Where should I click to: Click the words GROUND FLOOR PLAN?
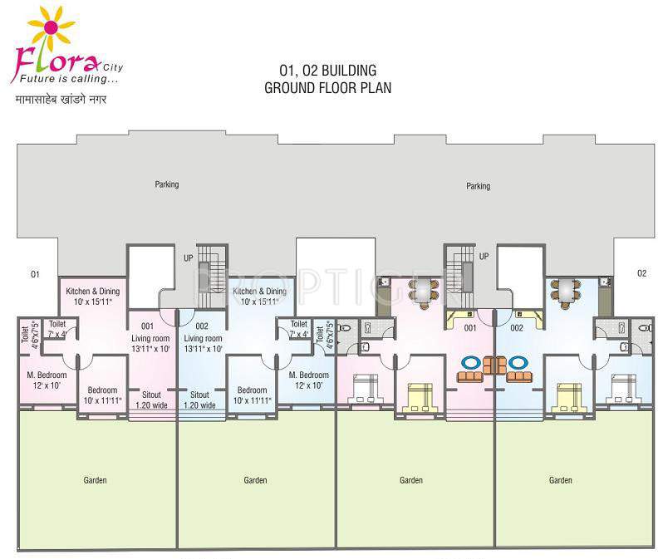pyautogui.click(x=327, y=87)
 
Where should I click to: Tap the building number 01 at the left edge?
pyautogui.click(x=35, y=273)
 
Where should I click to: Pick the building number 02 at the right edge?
pyautogui.click(x=641, y=273)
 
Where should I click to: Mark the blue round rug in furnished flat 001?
pyautogui.click(x=470, y=362)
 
